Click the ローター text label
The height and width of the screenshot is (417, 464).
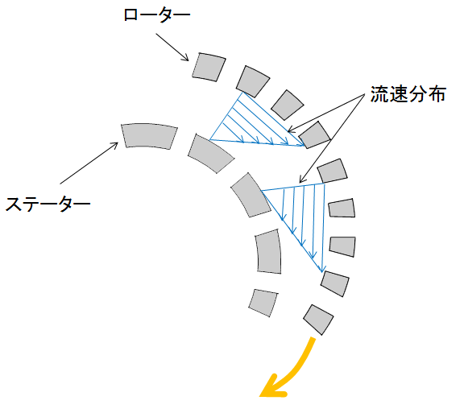pos(156,15)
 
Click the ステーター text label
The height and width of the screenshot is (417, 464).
pos(48,204)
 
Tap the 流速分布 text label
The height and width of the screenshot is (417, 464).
pos(408,94)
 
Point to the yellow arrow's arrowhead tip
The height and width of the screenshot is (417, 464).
pos(260,396)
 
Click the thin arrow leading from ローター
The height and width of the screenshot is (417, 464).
pos(172,47)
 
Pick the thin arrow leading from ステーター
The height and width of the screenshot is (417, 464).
pos(89,163)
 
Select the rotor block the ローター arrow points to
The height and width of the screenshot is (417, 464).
pos(209,67)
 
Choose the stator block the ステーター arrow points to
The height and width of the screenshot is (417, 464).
pos(149,136)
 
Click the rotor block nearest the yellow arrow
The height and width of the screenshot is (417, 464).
pos(318,320)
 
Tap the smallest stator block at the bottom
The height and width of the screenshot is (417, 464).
pos(263,303)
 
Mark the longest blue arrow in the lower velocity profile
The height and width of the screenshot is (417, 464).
pos(324,228)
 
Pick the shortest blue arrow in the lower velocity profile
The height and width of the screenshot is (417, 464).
pos(284,204)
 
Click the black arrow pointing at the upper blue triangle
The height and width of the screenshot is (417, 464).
pos(326,113)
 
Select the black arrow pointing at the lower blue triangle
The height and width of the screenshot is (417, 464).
pos(332,138)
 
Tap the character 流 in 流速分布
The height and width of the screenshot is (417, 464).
pos(379,94)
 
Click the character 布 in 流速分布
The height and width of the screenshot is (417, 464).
pos(437,94)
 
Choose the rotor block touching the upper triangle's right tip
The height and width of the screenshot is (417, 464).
pos(314,135)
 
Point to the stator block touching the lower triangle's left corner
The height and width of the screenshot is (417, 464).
pos(251,195)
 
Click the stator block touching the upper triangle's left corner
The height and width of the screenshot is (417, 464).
pos(211,153)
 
